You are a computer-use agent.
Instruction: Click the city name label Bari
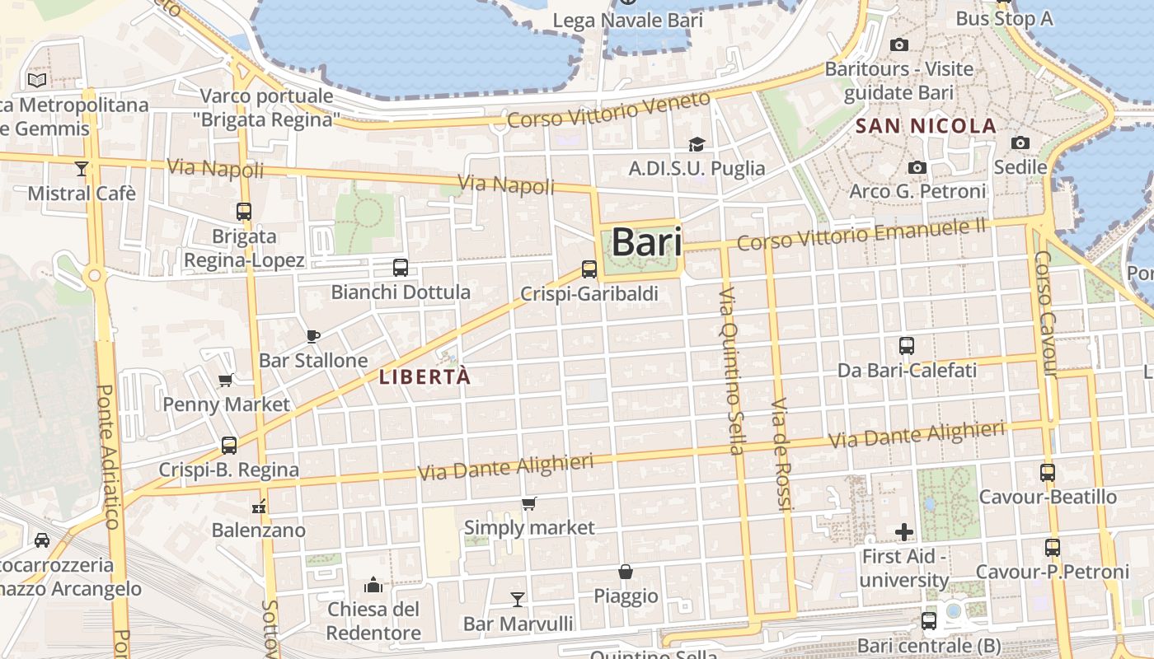(x=646, y=243)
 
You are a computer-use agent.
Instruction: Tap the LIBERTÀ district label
(x=425, y=377)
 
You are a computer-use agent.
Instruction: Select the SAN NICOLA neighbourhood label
(x=926, y=126)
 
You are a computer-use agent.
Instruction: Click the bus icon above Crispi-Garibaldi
(x=589, y=269)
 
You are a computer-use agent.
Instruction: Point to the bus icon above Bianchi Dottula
(x=401, y=267)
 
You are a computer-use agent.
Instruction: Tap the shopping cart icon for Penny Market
(x=225, y=380)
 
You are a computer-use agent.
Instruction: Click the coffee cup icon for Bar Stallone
(x=312, y=335)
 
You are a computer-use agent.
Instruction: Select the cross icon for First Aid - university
(x=904, y=532)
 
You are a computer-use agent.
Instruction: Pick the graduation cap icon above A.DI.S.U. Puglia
(x=697, y=144)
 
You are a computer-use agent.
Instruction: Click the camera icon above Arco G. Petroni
(x=917, y=167)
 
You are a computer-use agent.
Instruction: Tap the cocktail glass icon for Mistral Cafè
(x=81, y=169)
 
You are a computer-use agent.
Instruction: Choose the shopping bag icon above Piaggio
(x=626, y=571)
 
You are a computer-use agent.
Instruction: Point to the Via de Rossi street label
(x=781, y=455)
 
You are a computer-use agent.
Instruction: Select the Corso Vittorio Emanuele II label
(x=861, y=234)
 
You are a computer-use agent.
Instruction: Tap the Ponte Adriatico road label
(x=109, y=456)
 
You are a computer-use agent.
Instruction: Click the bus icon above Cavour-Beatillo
(x=1047, y=473)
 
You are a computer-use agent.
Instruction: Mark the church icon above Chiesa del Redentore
(x=373, y=585)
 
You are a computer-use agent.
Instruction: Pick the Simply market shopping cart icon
(x=529, y=503)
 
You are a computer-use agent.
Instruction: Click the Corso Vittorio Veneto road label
(x=608, y=110)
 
